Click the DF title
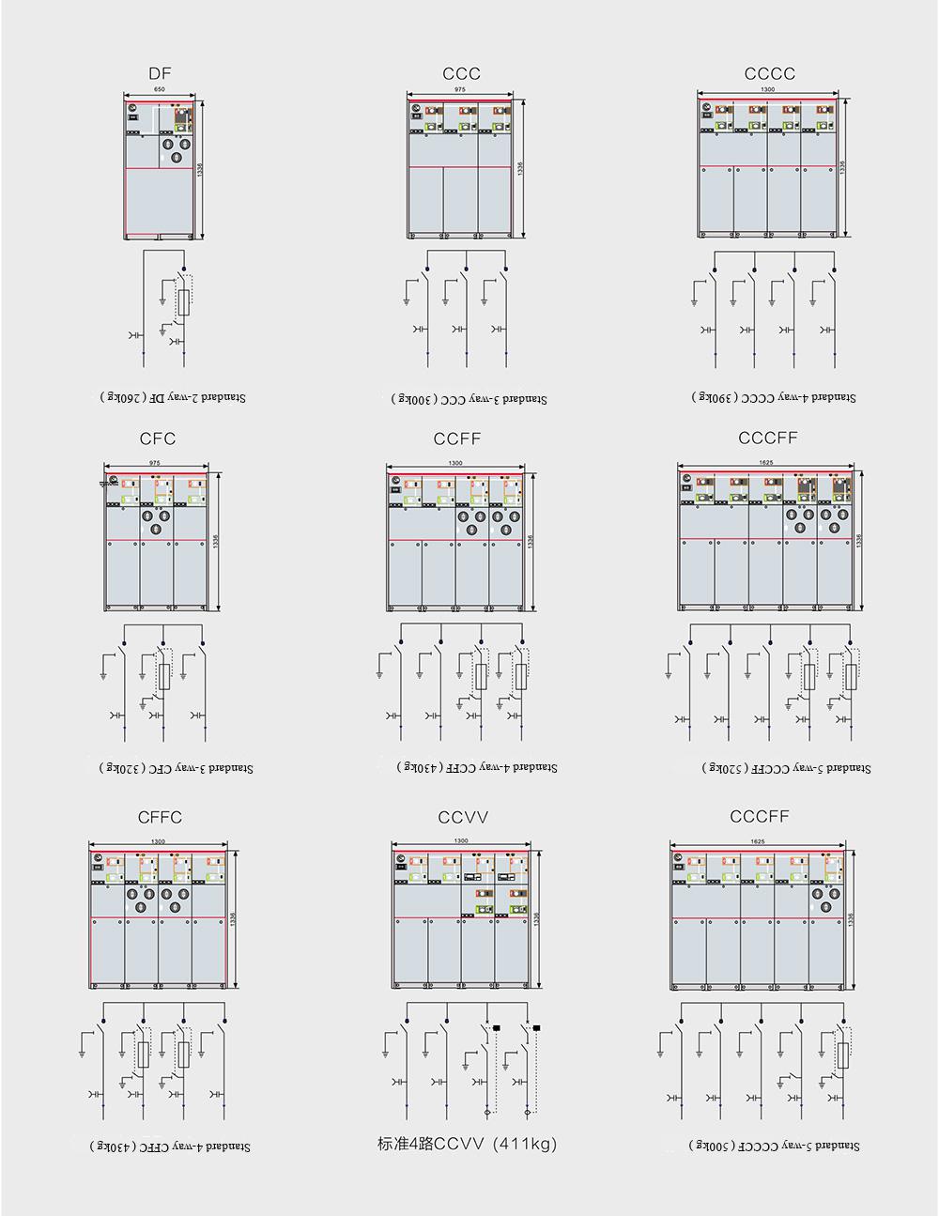[160, 73]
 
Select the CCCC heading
[769, 73]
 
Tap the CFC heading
[157, 439]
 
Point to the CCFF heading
[457, 439]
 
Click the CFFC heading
[160, 817]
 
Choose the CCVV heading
[463, 817]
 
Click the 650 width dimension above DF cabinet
[160, 89]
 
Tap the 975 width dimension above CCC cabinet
[459, 89]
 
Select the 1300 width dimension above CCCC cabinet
[767, 89]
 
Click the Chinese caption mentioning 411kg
[467, 1144]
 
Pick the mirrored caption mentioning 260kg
[173, 397]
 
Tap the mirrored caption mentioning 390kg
[775, 397]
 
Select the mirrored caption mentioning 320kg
[177, 768]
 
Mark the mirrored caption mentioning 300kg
[469, 399]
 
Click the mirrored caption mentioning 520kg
[786, 768]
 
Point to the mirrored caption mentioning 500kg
[774, 1146]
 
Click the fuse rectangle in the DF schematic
[185, 302]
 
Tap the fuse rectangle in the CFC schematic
[164, 677]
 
